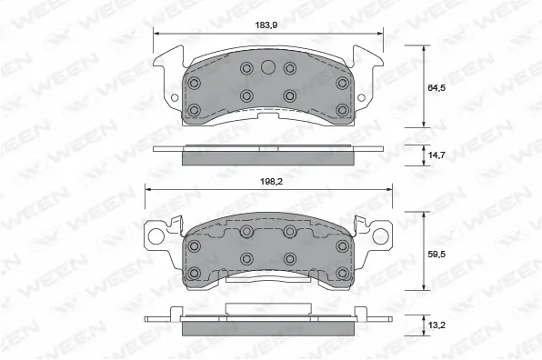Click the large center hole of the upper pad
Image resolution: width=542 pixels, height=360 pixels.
tap(267, 67)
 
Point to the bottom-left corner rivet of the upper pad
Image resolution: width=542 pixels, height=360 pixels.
tap(193, 110)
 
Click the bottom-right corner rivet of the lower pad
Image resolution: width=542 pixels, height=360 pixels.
tap(342, 272)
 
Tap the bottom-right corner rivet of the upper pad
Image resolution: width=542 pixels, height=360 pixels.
tap(342, 110)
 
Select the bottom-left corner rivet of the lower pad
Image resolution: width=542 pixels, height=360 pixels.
tap(193, 272)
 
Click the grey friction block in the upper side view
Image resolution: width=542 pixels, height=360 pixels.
tap(267, 158)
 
